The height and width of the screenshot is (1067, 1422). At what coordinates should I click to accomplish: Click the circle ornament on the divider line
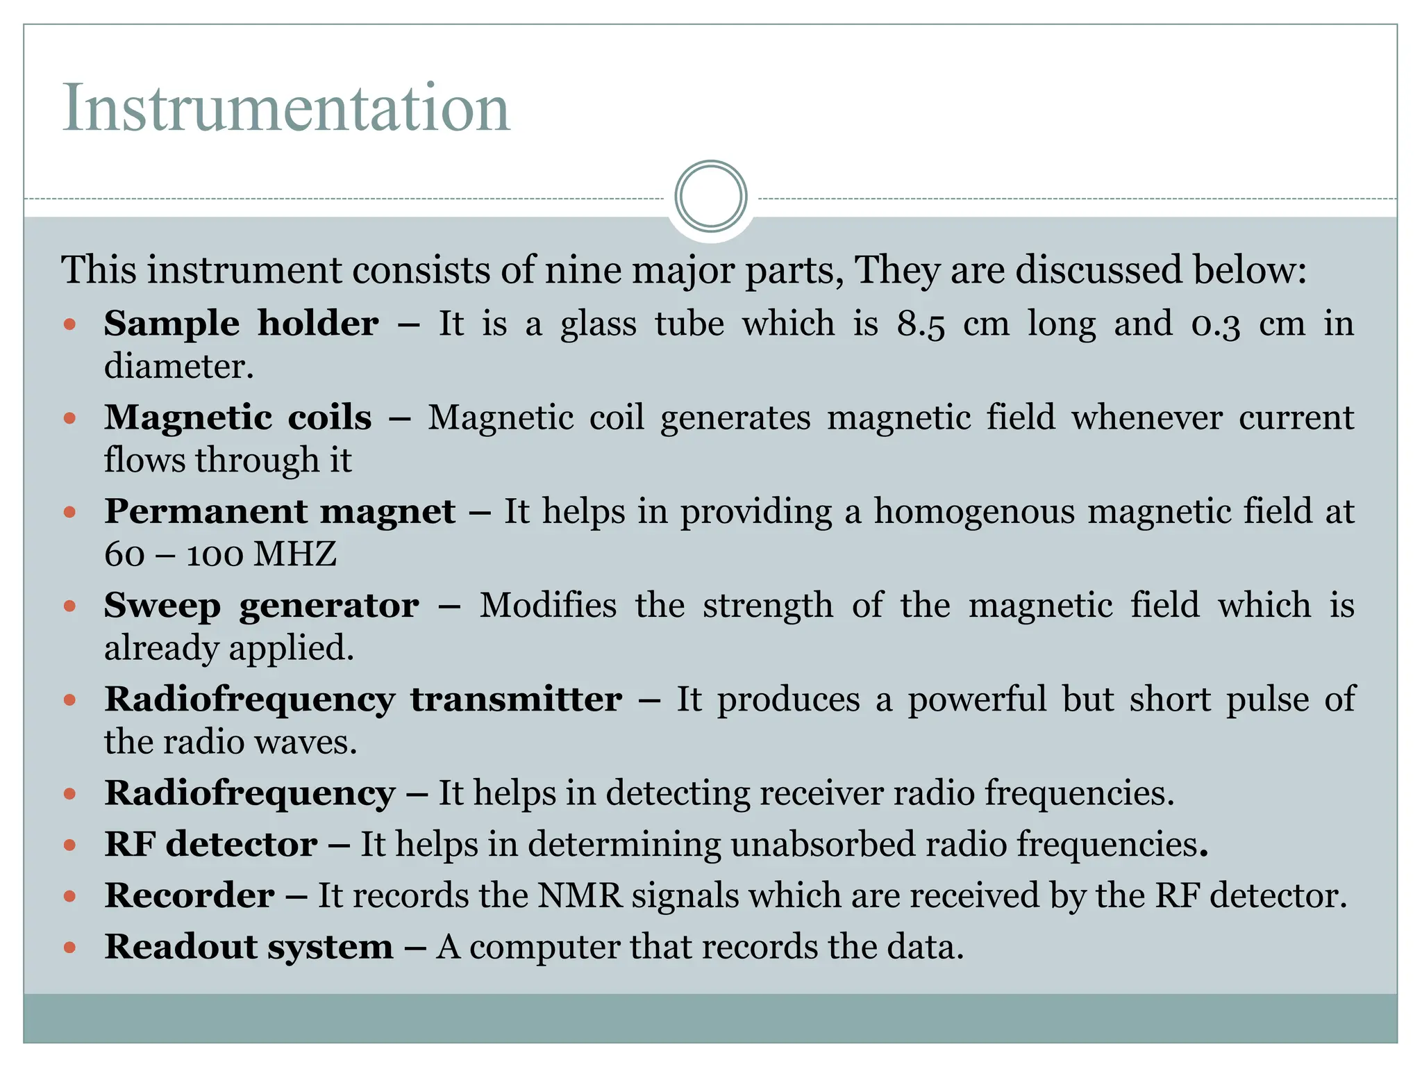[x=710, y=197]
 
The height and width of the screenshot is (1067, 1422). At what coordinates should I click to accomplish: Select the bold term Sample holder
[x=241, y=324]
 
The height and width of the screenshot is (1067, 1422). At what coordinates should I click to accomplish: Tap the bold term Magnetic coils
[x=237, y=417]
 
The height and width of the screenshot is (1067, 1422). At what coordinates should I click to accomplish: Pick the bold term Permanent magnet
[x=280, y=512]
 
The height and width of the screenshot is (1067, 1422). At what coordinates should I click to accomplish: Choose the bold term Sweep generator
[x=261, y=606]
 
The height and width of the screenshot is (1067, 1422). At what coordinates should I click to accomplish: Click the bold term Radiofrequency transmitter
[x=363, y=700]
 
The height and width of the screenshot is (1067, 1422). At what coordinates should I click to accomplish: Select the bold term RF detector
[x=211, y=845]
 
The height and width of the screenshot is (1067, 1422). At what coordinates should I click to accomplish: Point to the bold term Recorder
[x=190, y=895]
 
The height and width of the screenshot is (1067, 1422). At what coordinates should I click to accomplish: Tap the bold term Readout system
[x=249, y=947]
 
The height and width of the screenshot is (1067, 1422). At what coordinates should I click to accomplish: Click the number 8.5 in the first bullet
[x=921, y=324]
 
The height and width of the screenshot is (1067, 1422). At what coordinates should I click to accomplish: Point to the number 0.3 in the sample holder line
[x=1215, y=324]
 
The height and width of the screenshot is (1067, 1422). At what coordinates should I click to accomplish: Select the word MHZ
[x=295, y=554]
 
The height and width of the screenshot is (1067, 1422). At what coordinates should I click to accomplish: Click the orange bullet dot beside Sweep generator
[x=69, y=606]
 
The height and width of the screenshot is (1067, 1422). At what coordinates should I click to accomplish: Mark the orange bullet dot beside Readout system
[x=69, y=947]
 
